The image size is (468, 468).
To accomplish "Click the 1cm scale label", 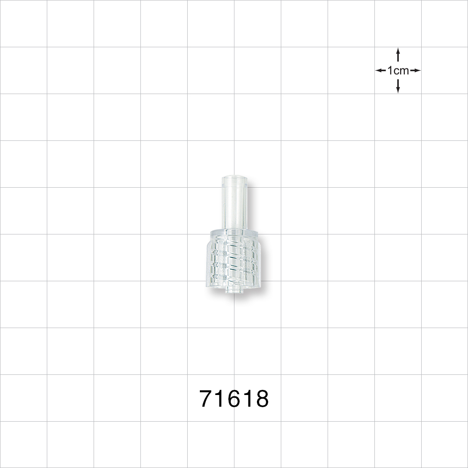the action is [x=398, y=71].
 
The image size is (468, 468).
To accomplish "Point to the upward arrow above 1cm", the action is [x=398, y=55].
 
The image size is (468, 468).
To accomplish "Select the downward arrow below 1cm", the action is [x=398, y=86].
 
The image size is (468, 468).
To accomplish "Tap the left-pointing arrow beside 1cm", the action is [x=380, y=71].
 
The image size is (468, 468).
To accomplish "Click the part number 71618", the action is [x=234, y=398].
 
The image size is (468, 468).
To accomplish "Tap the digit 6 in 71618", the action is [x=234, y=398].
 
